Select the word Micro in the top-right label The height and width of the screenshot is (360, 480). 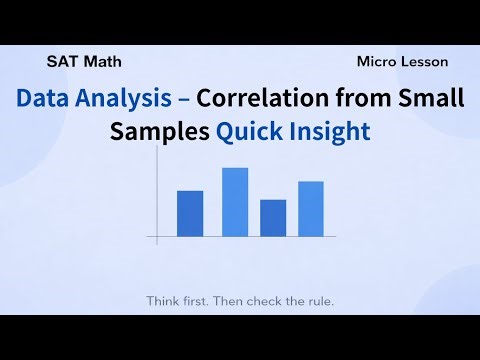click(378, 61)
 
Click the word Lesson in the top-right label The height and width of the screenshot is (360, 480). click(426, 61)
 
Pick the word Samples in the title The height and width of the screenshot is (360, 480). click(161, 132)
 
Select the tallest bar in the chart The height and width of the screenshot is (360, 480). click(235, 202)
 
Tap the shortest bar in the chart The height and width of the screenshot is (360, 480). click(273, 218)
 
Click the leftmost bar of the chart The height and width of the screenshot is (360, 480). click(190, 213)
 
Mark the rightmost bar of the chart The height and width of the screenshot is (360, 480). click(311, 209)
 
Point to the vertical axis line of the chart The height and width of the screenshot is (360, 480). click(157, 200)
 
